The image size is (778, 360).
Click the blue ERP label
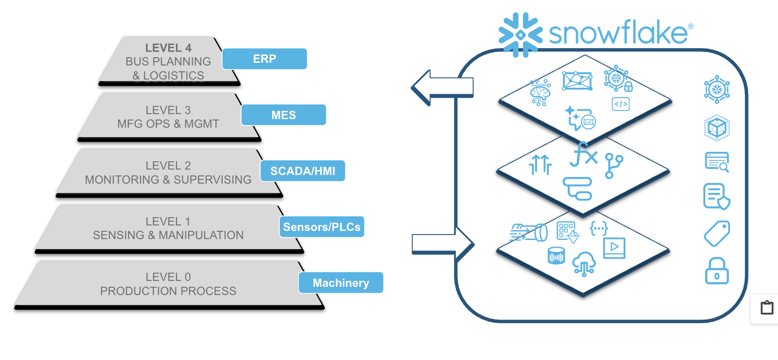pyautogui.click(x=264, y=59)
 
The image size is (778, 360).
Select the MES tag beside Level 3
pyautogui.click(x=284, y=115)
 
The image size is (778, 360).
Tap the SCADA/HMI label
pyautogui.click(x=303, y=171)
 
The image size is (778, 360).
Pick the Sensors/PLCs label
pyautogui.click(x=322, y=227)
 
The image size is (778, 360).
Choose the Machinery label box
pyautogui.click(x=341, y=283)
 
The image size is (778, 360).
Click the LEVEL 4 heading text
pyautogui.click(x=168, y=48)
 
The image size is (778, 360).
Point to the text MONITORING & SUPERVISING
pyautogui.click(x=168, y=180)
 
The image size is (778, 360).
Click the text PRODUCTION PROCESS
pyautogui.click(x=168, y=291)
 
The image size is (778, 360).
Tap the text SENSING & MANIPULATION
pyautogui.click(x=168, y=235)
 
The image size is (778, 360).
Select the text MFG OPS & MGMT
pyautogui.click(x=168, y=124)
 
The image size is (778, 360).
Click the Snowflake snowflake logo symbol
pyautogui.click(x=520, y=35)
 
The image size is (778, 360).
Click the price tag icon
pyautogui.click(x=717, y=234)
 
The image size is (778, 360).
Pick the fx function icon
pyautogui.click(x=583, y=155)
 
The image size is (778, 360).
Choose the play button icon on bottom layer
pyautogui.click(x=614, y=248)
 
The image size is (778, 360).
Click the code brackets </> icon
pyautogui.click(x=621, y=104)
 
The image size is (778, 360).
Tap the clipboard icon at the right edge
pyautogui.click(x=767, y=308)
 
